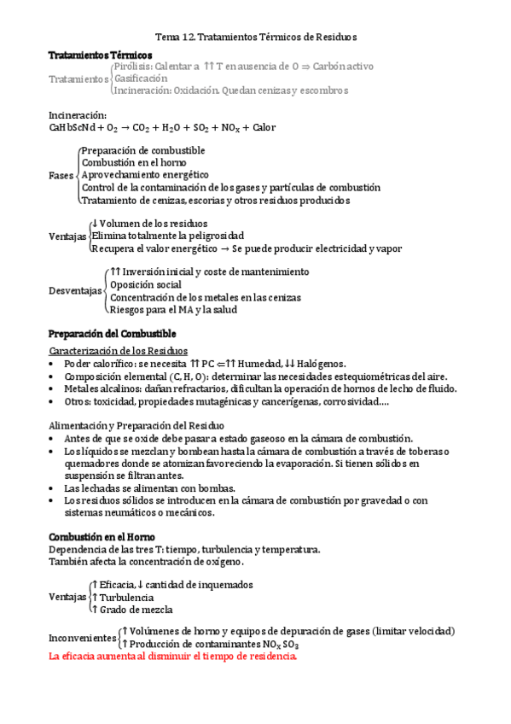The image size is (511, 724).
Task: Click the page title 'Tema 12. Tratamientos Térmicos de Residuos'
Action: [x=255, y=38]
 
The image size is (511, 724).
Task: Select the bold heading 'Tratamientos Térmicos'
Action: [x=94, y=54]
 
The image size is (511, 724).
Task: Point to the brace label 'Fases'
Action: [x=61, y=175]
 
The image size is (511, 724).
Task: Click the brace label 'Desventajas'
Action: [x=75, y=290]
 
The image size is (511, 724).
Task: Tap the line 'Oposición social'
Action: [x=146, y=284]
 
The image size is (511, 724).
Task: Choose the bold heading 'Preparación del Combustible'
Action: [x=112, y=332]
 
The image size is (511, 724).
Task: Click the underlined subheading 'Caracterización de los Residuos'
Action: [x=119, y=351]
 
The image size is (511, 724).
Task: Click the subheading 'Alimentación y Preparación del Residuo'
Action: [x=136, y=424]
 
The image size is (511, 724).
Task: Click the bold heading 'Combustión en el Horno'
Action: [x=102, y=535]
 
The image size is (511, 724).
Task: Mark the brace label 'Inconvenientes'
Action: [x=82, y=639]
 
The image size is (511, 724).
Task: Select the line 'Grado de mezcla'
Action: [x=136, y=610]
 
